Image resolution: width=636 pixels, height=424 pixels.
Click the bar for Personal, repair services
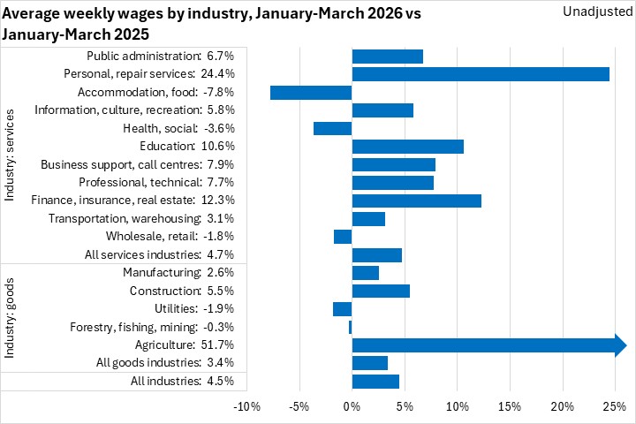click(481, 74)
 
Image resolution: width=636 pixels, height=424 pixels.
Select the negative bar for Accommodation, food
click(311, 93)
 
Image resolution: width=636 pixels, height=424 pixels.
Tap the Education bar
click(407, 147)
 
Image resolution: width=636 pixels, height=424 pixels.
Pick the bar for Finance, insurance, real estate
click(416, 201)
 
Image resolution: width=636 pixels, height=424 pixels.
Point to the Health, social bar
click(332, 129)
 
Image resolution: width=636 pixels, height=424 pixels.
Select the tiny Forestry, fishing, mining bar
click(350, 328)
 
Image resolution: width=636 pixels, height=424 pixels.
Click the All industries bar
click(375, 382)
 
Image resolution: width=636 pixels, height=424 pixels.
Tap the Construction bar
click(381, 291)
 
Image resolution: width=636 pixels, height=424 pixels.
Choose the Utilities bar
click(342, 309)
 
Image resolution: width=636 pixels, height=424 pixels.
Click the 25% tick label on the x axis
click(614, 407)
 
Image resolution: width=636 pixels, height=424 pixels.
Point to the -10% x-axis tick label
click(246, 407)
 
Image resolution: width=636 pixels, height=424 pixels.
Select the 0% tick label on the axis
click(352, 407)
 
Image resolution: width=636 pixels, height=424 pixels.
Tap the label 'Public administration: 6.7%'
click(161, 57)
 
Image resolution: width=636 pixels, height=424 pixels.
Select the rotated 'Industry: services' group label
click(11, 155)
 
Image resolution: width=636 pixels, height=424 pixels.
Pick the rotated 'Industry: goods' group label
click(11, 317)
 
